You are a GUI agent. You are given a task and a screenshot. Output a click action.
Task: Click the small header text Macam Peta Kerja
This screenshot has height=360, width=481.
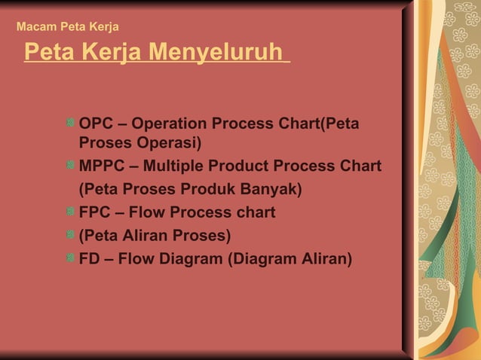pos(67,27)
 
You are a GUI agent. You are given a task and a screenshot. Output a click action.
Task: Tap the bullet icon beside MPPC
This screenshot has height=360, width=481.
pos(70,165)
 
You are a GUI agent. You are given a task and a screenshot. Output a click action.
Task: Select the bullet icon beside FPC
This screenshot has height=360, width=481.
pos(70,212)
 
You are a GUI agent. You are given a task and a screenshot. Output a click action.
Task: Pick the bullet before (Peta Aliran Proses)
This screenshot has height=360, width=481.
pos(70,235)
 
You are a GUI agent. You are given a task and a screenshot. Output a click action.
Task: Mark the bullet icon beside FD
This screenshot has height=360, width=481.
pos(70,258)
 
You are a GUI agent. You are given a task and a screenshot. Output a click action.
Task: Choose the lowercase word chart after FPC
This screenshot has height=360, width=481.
pos(253,212)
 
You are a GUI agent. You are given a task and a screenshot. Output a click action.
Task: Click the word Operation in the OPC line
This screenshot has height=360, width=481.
pos(168,123)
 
